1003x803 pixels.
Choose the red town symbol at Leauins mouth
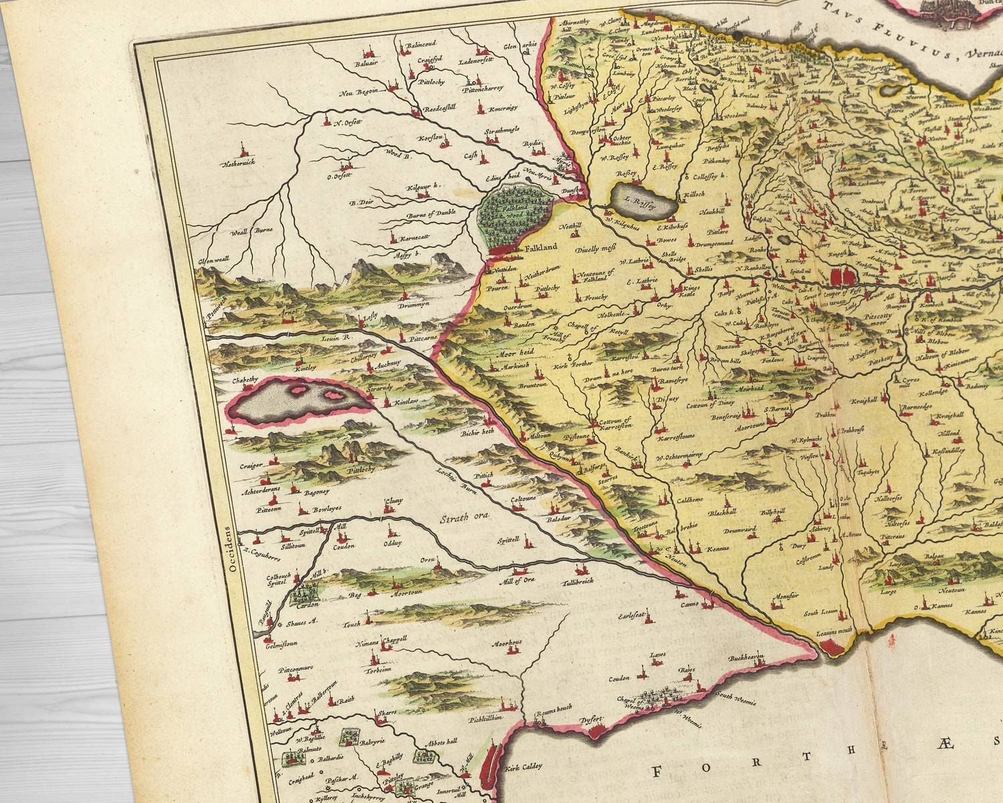832,645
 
